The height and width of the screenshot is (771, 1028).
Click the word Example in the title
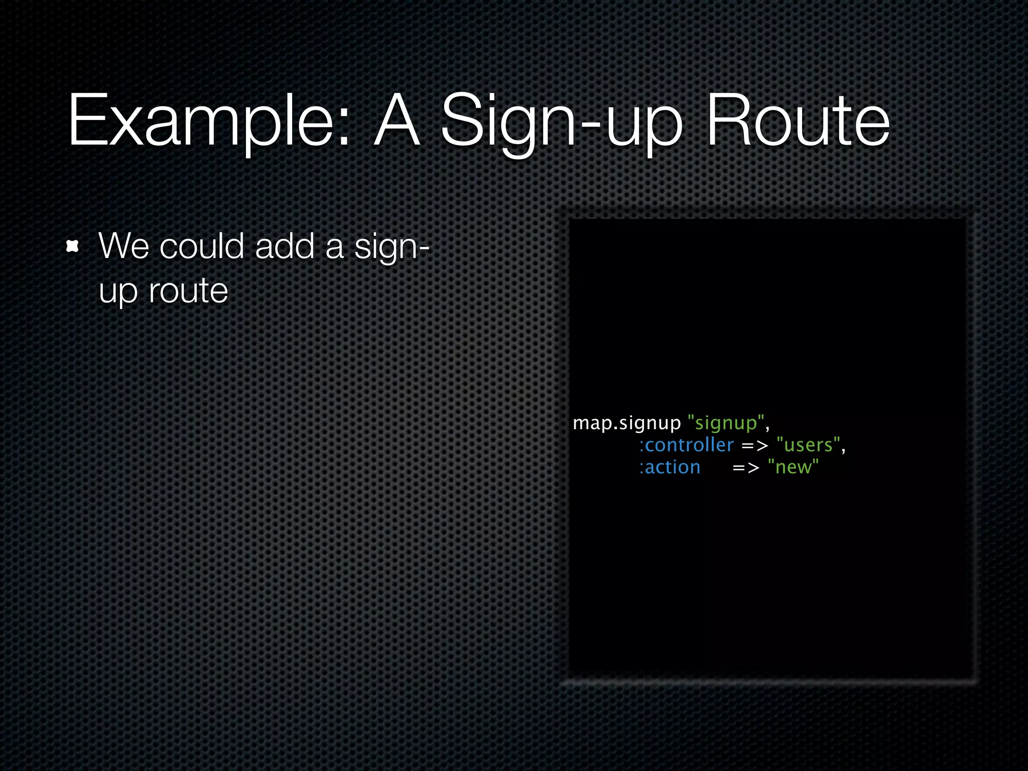tap(201, 120)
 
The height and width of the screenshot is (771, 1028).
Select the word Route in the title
tap(798, 120)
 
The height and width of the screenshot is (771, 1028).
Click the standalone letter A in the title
tap(397, 120)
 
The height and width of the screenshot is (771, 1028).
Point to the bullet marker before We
tap(73, 246)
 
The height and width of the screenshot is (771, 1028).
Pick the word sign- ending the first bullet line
tap(392, 247)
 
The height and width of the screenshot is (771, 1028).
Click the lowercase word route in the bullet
tap(189, 291)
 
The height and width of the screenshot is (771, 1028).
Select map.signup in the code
tap(626, 423)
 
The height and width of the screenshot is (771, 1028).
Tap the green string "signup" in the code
tap(726, 423)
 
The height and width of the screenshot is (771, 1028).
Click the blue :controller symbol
tap(686, 445)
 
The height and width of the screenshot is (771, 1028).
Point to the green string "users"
tap(808, 445)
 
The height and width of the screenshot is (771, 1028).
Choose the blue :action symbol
tap(670, 467)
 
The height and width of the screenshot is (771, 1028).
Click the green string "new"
tap(793, 467)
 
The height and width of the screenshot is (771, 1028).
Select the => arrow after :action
tap(746, 468)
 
